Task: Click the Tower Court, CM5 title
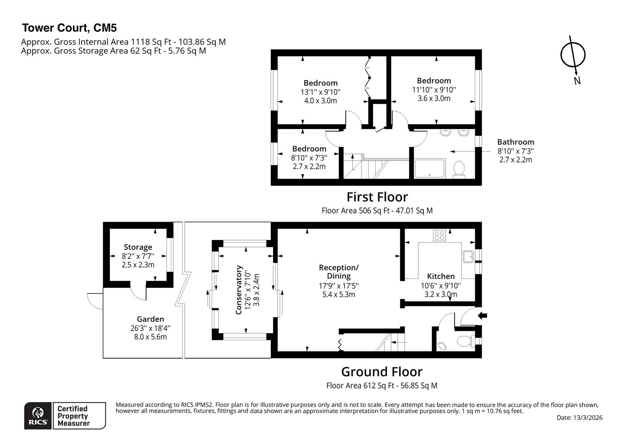click(x=69, y=28)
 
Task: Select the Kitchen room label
click(x=440, y=276)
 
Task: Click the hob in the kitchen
click(x=439, y=235)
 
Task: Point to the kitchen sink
click(x=468, y=256)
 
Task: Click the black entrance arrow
click(x=482, y=315)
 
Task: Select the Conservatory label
click(x=239, y=290)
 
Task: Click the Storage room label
click(x=138, y=247)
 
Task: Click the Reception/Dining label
click(x=338, y=272)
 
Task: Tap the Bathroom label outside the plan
click(x=515, y=142)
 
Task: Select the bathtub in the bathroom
click(x=429, y=169)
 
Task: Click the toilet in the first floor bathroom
click(x=459, y=168)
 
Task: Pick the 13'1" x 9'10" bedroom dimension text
click(x=320, y=92)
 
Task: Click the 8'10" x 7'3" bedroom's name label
click(x=309, y=149)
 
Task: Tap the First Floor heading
click(x=377, y=197)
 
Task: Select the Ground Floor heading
click(x=382, y=372)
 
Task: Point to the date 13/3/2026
click(x=579, y=418)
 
